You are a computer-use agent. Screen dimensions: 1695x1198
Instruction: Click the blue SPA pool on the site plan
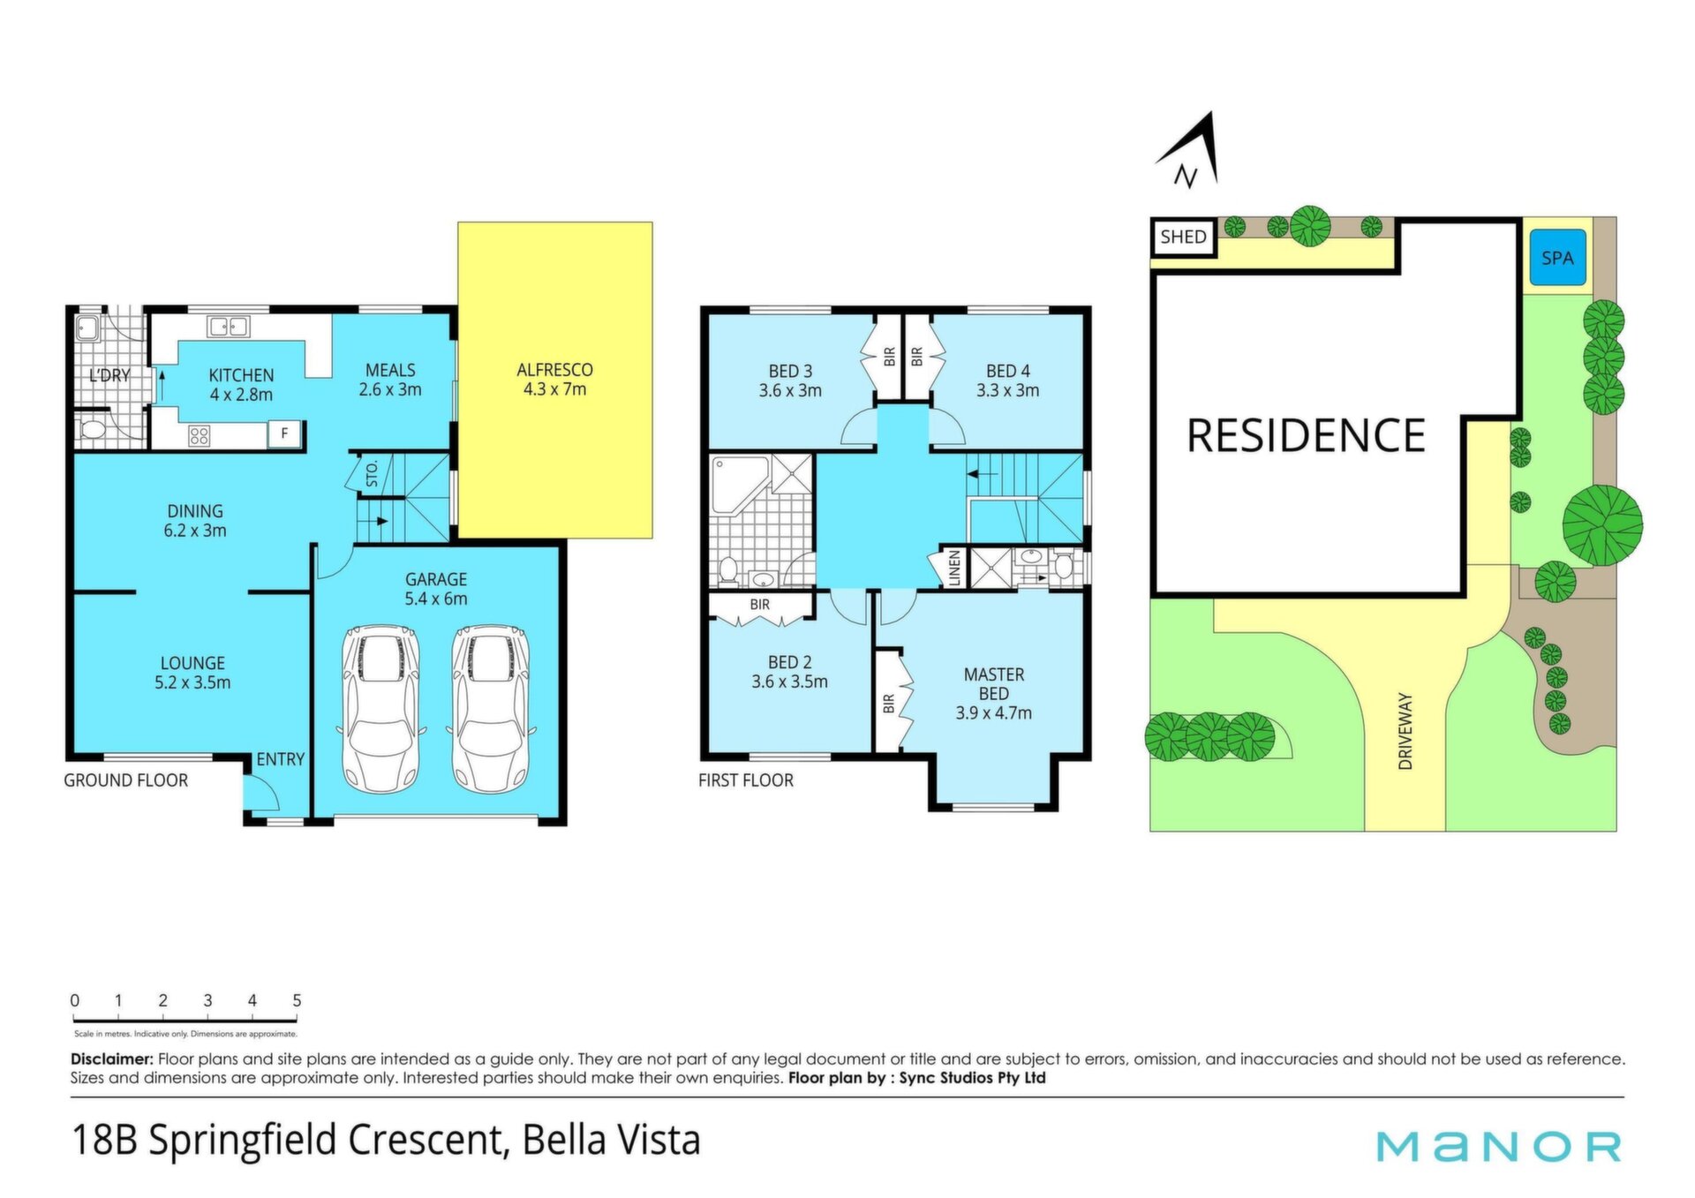point(1557,258)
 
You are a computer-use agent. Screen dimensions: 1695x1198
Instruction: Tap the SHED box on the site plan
point(1183,237)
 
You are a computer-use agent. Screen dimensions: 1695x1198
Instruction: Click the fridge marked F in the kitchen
point(284,433)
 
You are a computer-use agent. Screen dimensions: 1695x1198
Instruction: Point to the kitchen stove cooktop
point(200,434)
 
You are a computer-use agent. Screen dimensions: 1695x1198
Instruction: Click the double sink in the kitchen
point(228,327)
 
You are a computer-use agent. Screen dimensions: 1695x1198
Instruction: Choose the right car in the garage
point(491,708)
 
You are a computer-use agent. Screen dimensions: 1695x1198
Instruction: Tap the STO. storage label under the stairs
point(372,473)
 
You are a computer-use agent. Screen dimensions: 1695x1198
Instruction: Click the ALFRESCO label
point(554,370)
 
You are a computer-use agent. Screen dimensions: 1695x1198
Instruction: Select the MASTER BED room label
point(994,684)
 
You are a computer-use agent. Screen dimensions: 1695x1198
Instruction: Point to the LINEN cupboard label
point(953,568)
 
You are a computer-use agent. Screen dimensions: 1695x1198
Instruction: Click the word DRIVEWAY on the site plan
point(1405,731)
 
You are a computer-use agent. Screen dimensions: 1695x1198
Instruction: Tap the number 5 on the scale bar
point(297,1000)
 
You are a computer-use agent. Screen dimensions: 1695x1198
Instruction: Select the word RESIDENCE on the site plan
point(1306,436)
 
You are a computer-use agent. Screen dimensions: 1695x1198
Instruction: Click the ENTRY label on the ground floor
point(280,759)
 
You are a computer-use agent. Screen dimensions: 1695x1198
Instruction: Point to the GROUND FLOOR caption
point(125,780)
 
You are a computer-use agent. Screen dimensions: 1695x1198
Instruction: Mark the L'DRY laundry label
point(109,375)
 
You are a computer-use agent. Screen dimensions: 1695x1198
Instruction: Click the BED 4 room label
point(1008,371)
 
